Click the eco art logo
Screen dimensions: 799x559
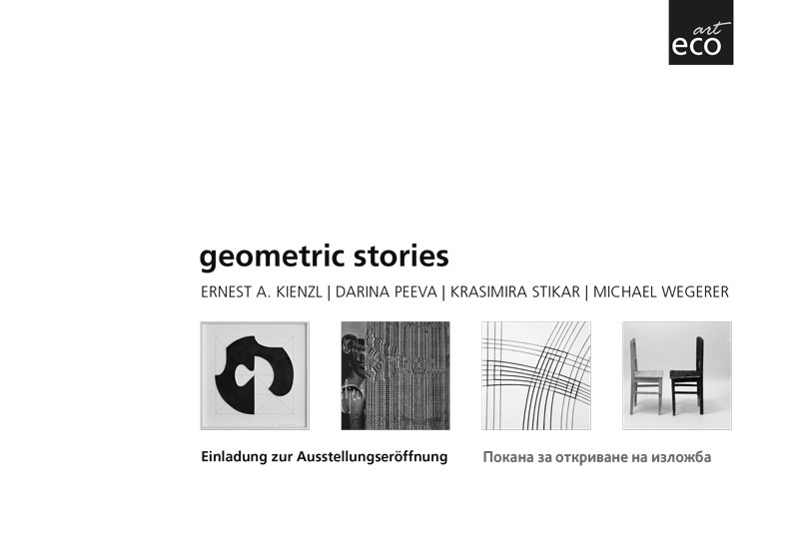701,32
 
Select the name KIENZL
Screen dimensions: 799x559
299,292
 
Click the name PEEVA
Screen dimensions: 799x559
415,292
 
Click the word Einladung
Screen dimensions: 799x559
234,456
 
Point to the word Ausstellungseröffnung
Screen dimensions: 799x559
372,456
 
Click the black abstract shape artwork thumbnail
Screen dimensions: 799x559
255,375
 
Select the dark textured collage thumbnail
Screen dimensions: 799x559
396,375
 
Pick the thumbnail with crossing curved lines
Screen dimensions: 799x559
536,375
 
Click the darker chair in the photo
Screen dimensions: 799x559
687,375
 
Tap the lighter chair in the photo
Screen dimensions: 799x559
645,376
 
